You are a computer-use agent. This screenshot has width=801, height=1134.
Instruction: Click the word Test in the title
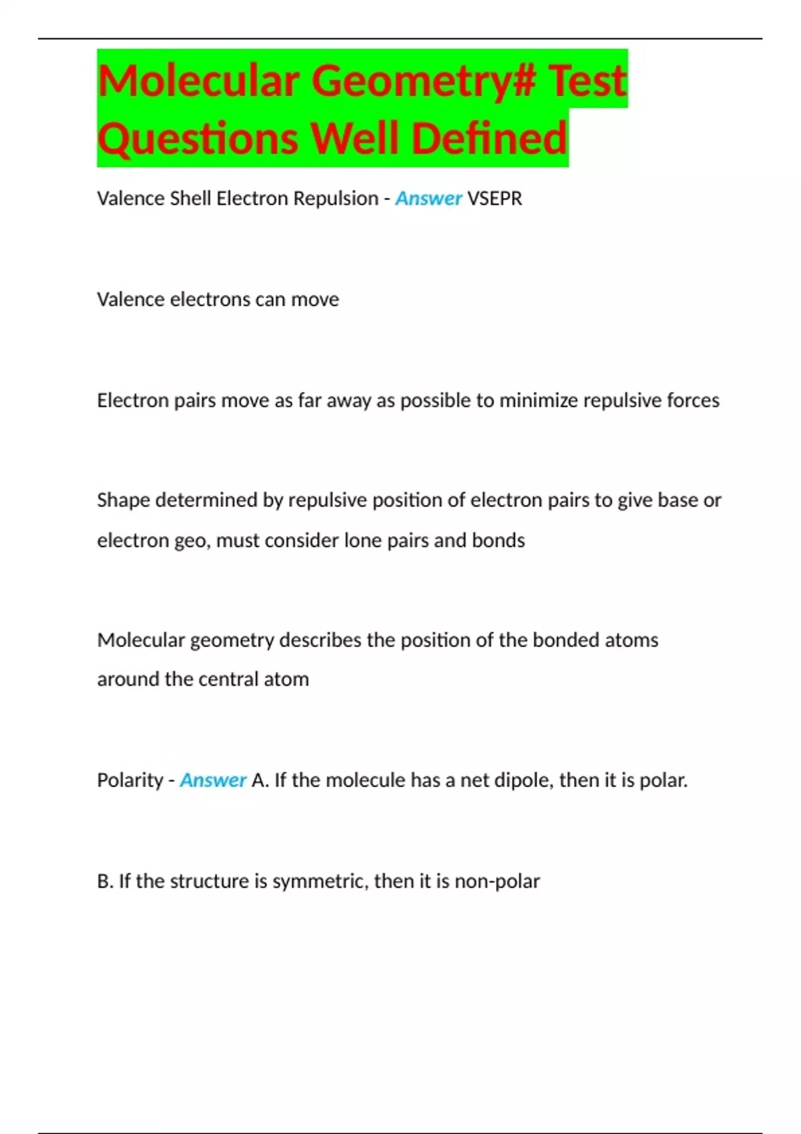[587, 80]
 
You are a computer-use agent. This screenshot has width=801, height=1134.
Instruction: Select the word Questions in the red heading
[198, 139]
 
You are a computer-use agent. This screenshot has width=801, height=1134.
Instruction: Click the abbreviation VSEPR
[495, 198]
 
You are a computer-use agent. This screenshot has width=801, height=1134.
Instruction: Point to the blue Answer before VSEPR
[429, 198]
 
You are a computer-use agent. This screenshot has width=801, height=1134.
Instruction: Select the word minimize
[539, 400]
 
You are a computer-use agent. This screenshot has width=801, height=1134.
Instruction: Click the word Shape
[123, 500]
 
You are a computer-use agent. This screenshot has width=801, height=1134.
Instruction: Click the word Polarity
[129, 780]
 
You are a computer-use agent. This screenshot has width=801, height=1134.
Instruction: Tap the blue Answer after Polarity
[213, 780]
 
